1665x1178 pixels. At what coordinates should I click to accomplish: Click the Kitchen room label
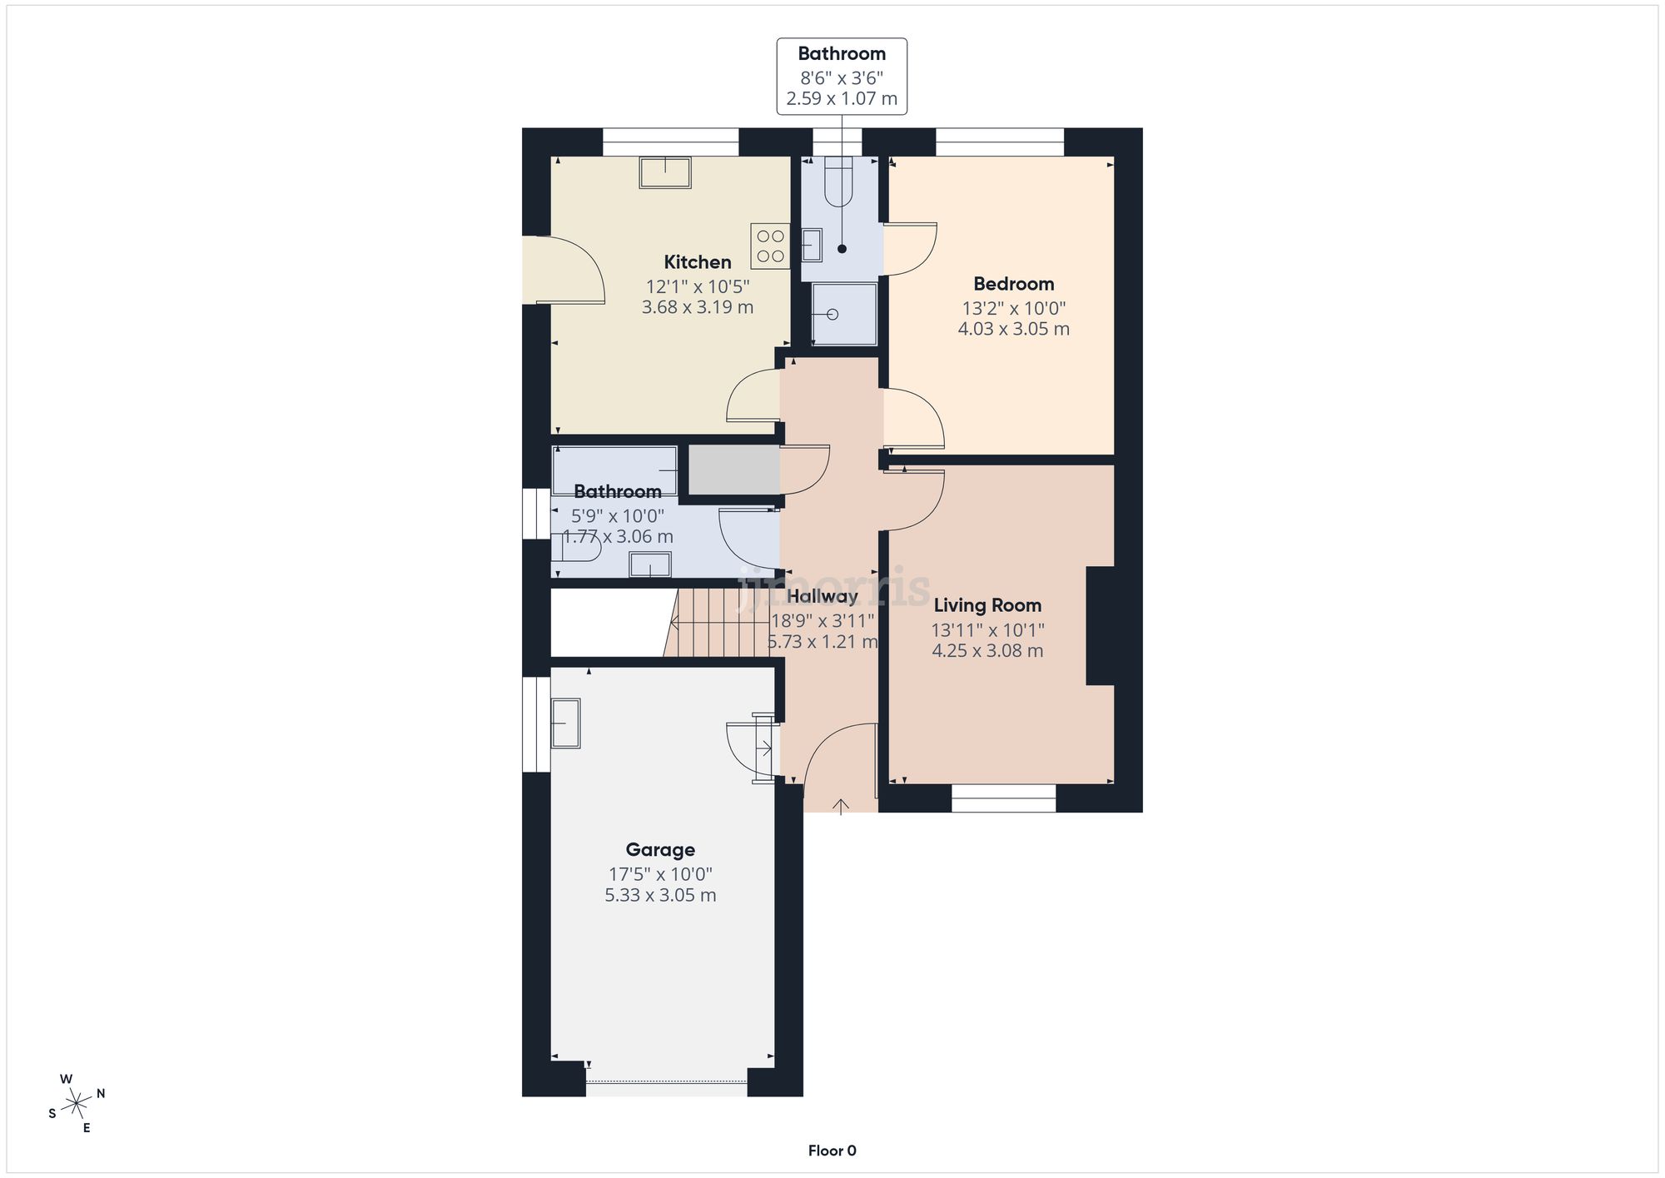(x=697, y=262)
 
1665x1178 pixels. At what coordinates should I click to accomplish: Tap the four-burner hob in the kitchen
(x=770, y=246)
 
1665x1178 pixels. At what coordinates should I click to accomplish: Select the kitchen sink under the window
(x=664, y=172)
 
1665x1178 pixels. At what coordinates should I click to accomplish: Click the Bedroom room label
(x=1013, y=284)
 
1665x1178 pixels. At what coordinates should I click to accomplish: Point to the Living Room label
(x=987, y=605)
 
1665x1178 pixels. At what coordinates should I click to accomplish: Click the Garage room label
(x=660, y=850)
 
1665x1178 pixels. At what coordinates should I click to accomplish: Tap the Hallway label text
(x=822, y=596)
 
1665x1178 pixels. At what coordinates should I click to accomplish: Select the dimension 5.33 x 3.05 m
(x=660, y=895)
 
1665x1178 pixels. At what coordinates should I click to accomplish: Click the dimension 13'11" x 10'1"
(x=987, y=630)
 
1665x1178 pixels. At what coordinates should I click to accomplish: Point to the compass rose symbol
(x=77, y=1104)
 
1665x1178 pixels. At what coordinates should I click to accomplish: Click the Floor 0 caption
(x=832, y=1151)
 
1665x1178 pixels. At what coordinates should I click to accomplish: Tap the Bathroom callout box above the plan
(x=842, y=76)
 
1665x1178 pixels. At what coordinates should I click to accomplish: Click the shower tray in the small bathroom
(x=843, y=314)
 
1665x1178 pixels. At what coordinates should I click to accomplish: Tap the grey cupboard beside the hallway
(x=733, y=470)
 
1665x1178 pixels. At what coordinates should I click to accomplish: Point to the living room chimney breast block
(x=1100, y=625)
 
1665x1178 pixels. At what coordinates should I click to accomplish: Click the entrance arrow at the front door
(x=841, y=806)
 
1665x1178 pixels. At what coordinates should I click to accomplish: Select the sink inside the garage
(x=565, y=723)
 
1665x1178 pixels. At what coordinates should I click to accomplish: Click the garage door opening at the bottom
(x=666, y=1082)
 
